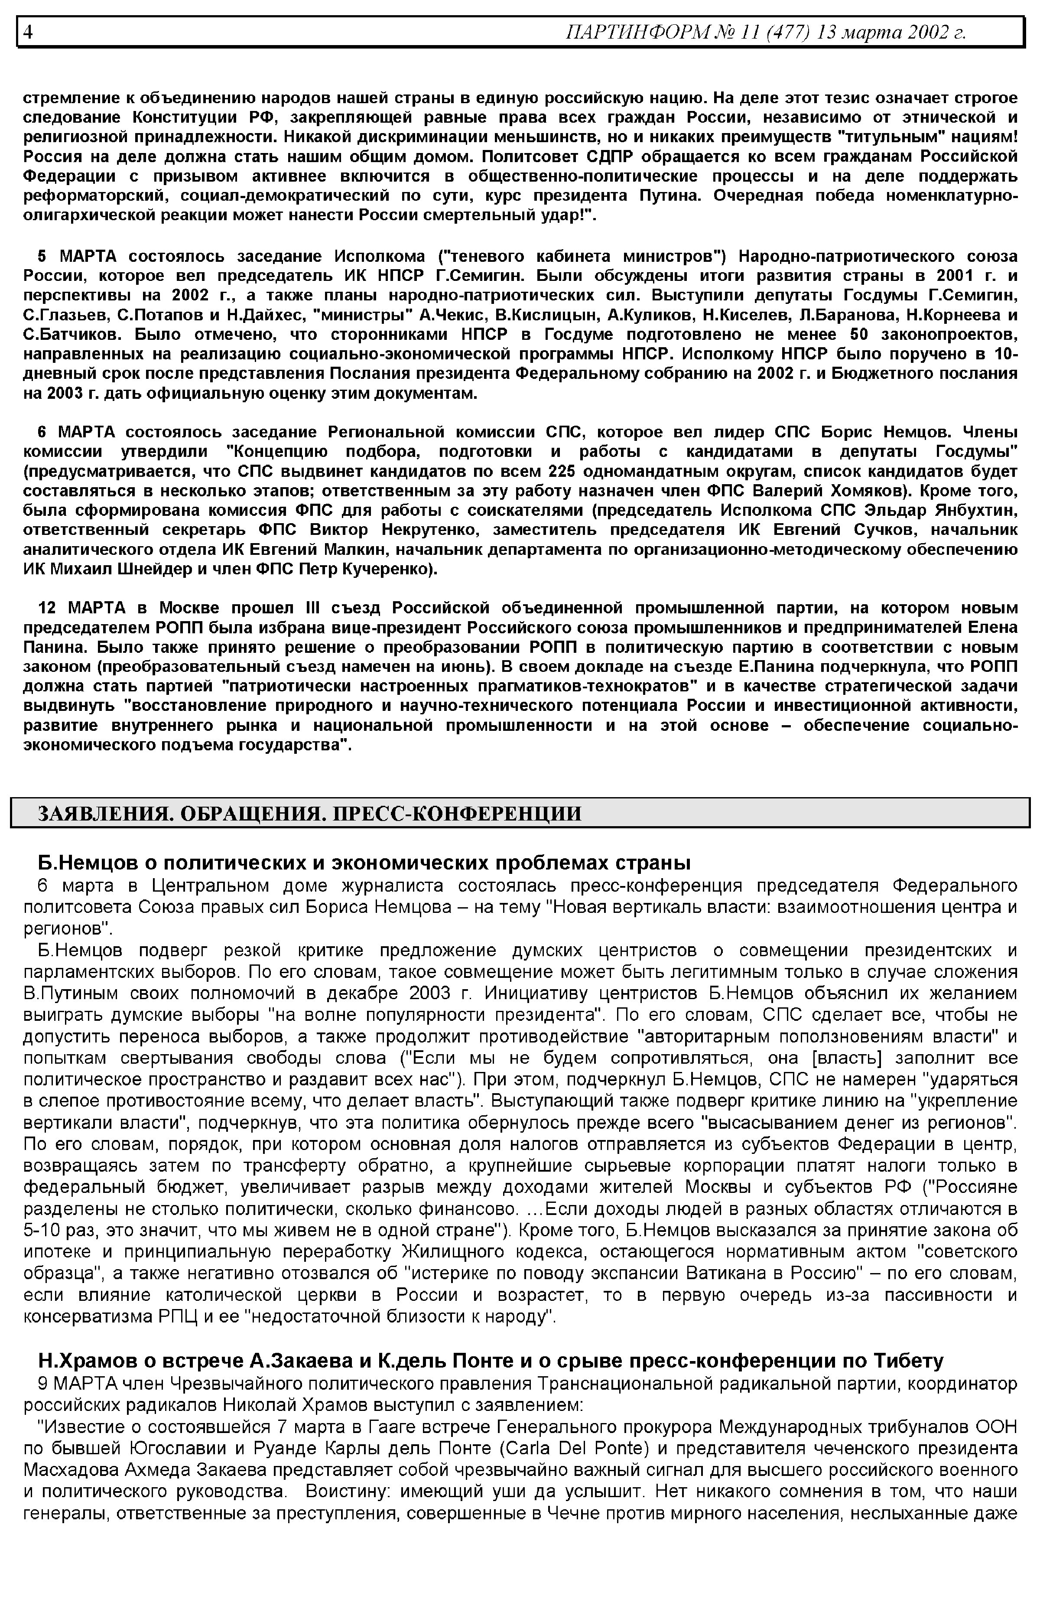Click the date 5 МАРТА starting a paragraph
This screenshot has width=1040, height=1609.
tap(77, 257)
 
